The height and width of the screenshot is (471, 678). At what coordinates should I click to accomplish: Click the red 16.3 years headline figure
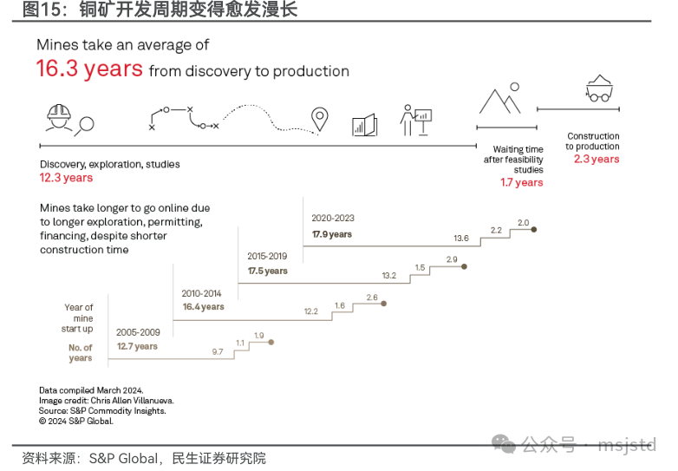pyautogui.click(x=88, y=69)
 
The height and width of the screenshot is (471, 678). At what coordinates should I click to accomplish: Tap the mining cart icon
pyautogui.click(x=598, y=88)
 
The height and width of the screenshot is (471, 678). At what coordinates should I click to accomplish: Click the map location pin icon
pyautogui.click(x=321, y=120)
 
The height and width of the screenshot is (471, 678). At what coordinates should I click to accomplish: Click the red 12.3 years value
pyautogui.click(x=66, y=178)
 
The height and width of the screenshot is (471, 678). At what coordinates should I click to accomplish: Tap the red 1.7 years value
pyautogui.click(x=521, y=183)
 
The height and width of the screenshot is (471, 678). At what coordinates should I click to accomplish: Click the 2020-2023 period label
pyautogui.click(x=333, y=219)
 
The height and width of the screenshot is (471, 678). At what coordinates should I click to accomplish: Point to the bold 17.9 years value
pyautogui.click(x=332, y=234)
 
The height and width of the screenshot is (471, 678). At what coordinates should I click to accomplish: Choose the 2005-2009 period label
pyautogui.click(x=138, y=331)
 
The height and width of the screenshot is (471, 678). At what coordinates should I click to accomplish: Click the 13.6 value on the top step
pyautogui.click(x=461, y=238)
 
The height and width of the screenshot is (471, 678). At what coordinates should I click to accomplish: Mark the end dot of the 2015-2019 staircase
pyautogui.click(x=464, y=267)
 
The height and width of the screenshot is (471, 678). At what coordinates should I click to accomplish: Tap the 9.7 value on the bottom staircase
pyautogui.click(x=218, y=351)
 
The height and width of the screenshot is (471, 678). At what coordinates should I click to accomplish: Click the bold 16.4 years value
pyautogui.click(x=203, y=306)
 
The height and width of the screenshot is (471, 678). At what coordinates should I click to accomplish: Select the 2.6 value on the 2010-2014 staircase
pyautogui.click(x=372, y=298)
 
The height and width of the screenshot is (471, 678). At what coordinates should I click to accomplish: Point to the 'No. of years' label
pyautogui.click(x=81, y=353)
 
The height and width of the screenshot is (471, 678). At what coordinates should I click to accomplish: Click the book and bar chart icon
pyautogui.click(x=364, y=125)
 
